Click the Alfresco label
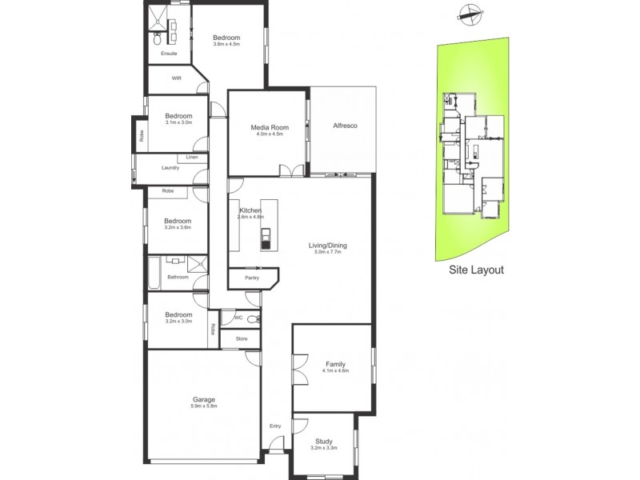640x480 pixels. click(344, 126)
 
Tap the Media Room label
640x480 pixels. click(269, 127)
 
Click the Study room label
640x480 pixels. click(323, 440)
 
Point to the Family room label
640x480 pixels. click(334, 363)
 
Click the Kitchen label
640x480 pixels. click(250, 210)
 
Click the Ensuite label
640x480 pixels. click(168, 54)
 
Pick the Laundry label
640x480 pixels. click(170, 167)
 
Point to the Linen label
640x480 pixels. click(192, 157)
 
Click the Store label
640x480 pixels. click(242, 338)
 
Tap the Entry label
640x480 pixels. click(275, 426)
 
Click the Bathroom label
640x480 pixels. click(178, 278)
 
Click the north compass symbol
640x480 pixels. click(468, 12)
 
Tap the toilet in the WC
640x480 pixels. click(253, 319)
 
